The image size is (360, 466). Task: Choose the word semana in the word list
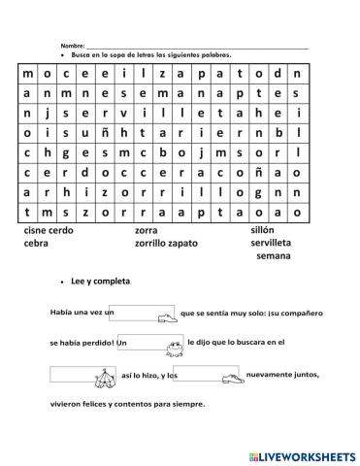[x=274, y=256]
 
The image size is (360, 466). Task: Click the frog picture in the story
[x=176, y=343]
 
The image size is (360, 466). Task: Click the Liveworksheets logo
[x=301, y=454]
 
